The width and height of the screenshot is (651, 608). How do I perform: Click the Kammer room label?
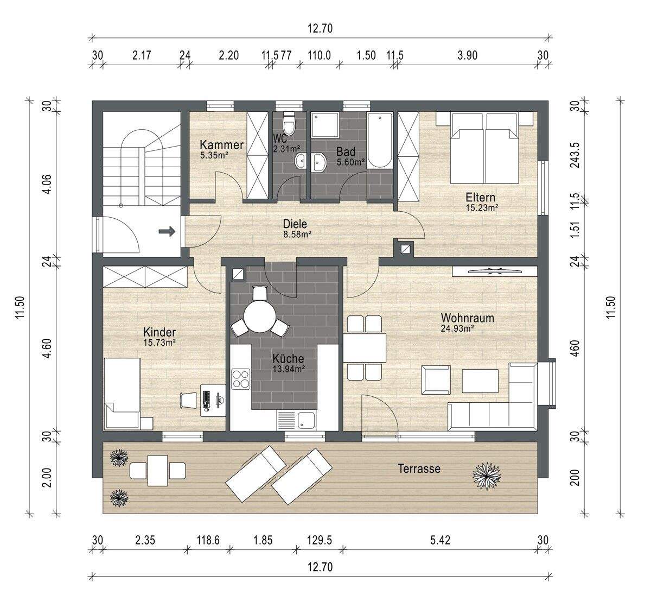point(221,145)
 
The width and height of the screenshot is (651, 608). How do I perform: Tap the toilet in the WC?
point(289,123)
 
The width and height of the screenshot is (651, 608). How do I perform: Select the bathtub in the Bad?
point(380,141)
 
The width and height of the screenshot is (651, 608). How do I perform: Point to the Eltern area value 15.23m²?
point(482,208)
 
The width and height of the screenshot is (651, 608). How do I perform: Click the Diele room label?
point(295,224)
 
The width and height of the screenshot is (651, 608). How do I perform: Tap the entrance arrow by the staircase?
point(167,231)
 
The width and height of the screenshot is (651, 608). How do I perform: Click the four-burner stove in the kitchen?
point(241,379)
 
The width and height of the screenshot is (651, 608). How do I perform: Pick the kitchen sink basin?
point(306,421)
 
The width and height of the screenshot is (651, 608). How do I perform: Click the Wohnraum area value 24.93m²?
point(457,328)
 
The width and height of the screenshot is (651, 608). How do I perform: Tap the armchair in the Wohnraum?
point(436,380)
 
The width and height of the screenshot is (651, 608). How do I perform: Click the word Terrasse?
point(419,468)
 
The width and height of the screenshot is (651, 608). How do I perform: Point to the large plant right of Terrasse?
point(487,476)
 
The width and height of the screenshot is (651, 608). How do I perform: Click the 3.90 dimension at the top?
point(468,55)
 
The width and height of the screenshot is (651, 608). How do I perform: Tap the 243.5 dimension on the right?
point(575,155)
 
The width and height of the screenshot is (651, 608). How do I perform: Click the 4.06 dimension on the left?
point(48,184)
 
